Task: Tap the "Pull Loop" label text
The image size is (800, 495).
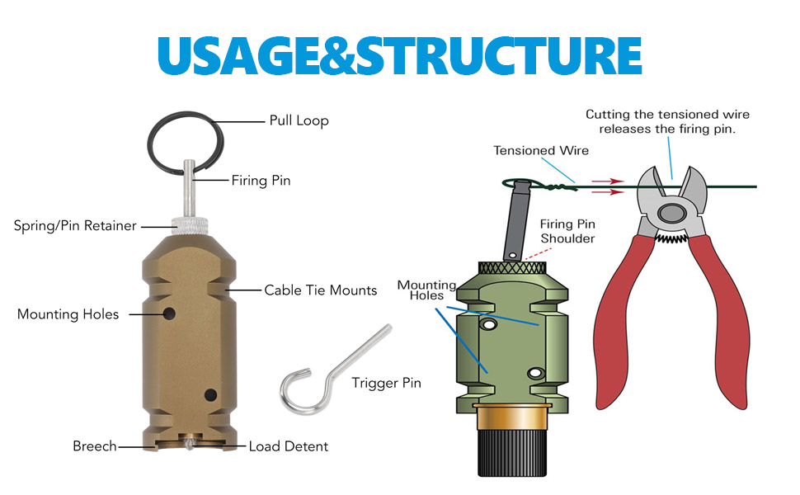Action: [299, 120]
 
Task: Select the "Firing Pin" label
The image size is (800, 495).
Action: [261, 180]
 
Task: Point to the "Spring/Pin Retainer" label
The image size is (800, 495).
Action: [75, 225]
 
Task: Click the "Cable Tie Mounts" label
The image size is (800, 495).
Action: [320, 290]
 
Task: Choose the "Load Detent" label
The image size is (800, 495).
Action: [288, 446]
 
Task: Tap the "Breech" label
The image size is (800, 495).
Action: [94, 446]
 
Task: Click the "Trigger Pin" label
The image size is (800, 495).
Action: [386, 383]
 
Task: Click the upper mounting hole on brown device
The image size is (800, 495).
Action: [169, 313]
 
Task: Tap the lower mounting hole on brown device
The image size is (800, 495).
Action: [210, 394]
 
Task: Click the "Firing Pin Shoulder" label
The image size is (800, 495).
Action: [567, 231]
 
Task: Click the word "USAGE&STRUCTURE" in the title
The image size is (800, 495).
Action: [399, 55]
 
